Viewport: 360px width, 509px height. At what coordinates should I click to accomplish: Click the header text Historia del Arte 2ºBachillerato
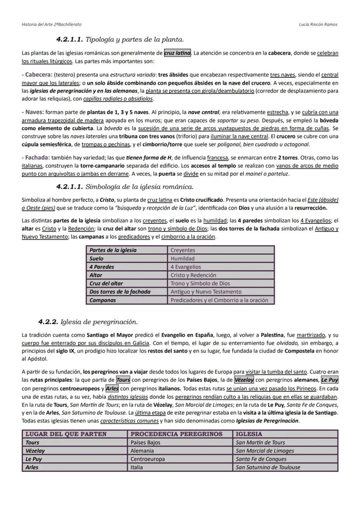click(x=51, y=24)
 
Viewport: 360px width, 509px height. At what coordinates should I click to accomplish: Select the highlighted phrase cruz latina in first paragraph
click(x=177, y=53)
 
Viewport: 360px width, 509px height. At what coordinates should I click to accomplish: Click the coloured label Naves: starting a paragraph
click(x=33, y=112)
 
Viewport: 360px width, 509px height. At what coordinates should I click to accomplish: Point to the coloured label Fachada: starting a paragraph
click(x=36, y=157)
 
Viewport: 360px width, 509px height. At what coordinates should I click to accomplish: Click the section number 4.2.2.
click(x=48, y=322)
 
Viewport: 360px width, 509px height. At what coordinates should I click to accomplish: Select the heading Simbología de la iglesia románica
click(x=139, y=187)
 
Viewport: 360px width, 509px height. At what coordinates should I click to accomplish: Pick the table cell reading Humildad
click(x=183, y=259)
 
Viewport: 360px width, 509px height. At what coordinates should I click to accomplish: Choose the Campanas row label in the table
click(x=103, y=300)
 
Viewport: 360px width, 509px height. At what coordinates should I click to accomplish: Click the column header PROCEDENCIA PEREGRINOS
click(x=177, y=434)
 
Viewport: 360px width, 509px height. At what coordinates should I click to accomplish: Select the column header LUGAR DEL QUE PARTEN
click(x=66, y=434)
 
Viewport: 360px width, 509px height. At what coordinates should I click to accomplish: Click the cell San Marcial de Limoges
click(x=264, y=451)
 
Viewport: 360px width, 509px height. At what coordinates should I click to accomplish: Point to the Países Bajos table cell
click(x=146, y=442)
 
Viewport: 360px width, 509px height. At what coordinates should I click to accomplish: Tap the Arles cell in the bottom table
click(x=32, y=467)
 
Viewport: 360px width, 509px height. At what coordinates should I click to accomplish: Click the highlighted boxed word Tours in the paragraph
click(x=123, y=380)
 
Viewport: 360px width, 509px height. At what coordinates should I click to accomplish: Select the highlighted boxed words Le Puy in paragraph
click(x=330, y=380)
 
